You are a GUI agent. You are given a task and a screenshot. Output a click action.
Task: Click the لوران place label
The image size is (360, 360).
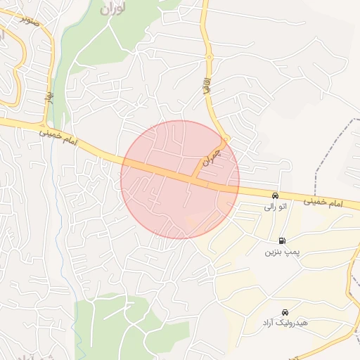(111, 9)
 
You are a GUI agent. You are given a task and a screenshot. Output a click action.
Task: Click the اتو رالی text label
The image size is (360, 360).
(275, 207)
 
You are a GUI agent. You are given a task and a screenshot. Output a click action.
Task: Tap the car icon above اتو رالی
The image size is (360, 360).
(275, 195)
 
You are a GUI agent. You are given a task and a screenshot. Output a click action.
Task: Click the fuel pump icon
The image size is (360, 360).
(283, 240)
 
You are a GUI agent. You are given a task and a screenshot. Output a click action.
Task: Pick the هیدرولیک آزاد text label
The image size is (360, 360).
(284, 323)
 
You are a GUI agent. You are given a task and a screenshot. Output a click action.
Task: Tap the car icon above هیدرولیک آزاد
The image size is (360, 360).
(284, 311)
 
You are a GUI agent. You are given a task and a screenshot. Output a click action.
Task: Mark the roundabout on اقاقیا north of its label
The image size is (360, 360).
(208, 58)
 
